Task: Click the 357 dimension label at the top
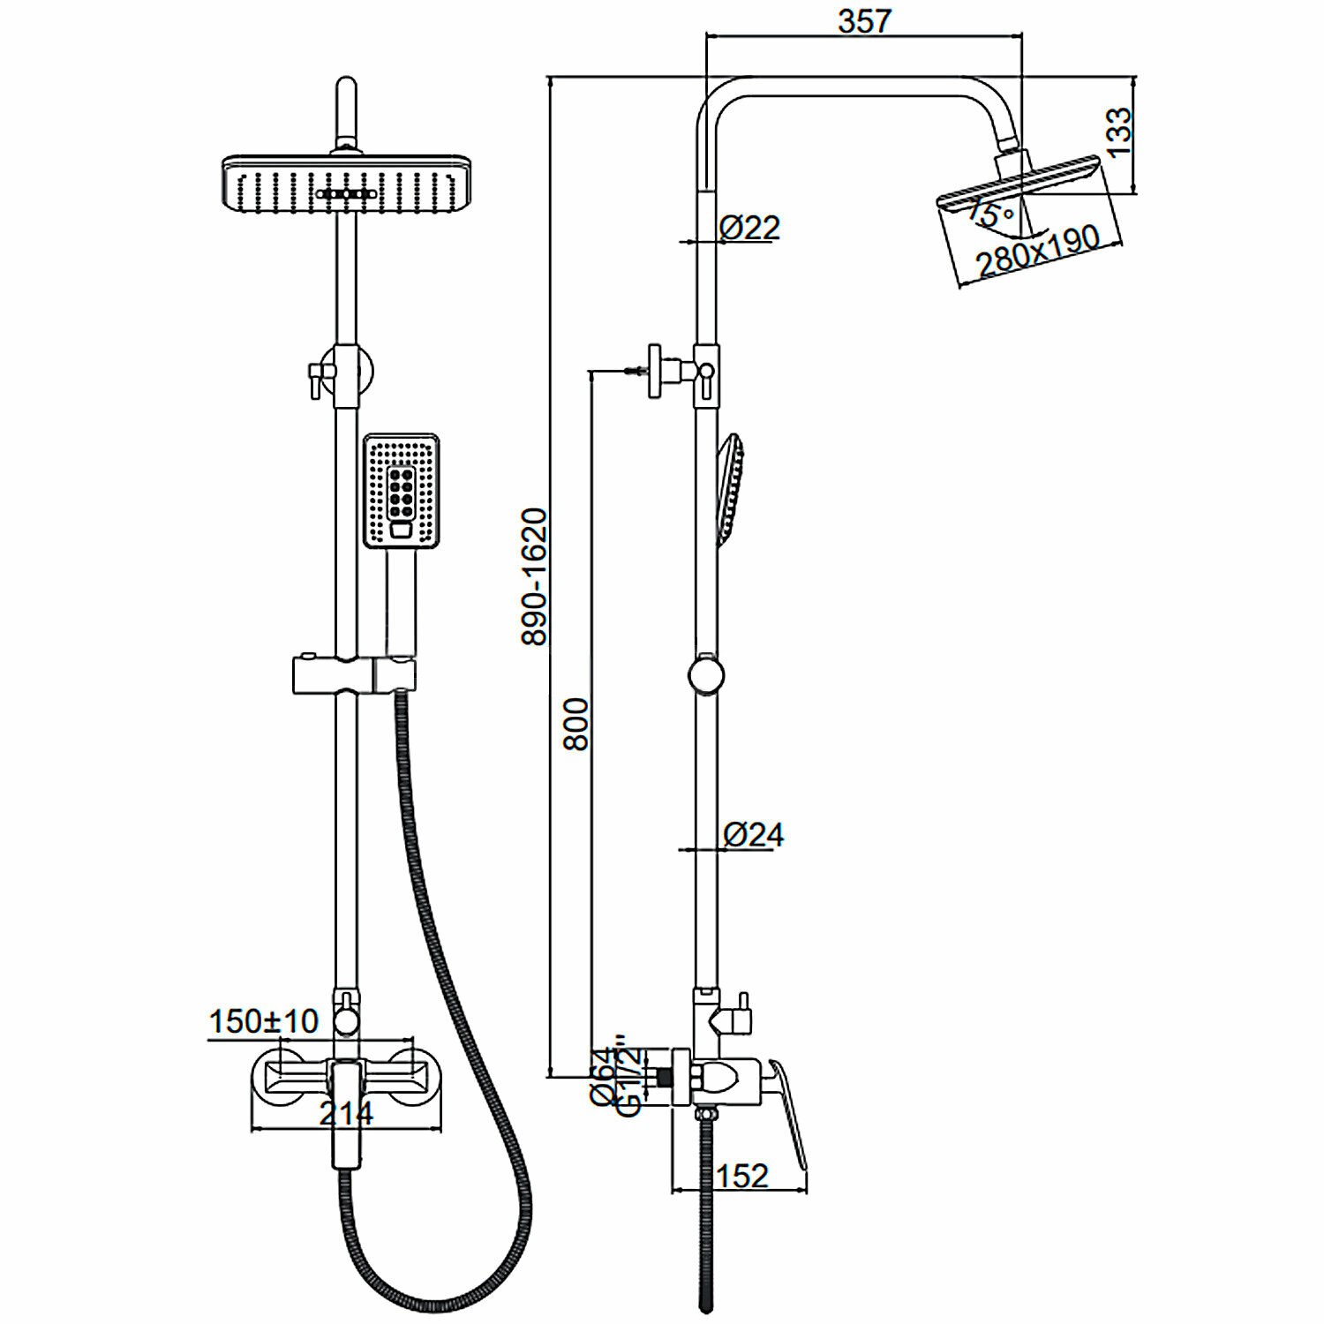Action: pos(864,20)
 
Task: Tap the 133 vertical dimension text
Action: pos(1117,132)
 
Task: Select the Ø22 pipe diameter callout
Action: pos(749,228)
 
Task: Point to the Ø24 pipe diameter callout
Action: pos(753,834)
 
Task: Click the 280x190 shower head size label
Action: pos(1038,252)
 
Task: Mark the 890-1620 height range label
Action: pos(535,576)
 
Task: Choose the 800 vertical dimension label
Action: pos(576,724)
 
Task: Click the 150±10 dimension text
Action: pos(263,1021)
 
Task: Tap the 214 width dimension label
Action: pos(346,1114)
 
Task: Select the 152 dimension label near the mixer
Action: pos(742,1176)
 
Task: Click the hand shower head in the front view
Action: pos(402,491)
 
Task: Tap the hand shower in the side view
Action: pos(731,490)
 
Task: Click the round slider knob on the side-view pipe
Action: pos(705,676)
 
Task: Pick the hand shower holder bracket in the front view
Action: pos(354,675)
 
